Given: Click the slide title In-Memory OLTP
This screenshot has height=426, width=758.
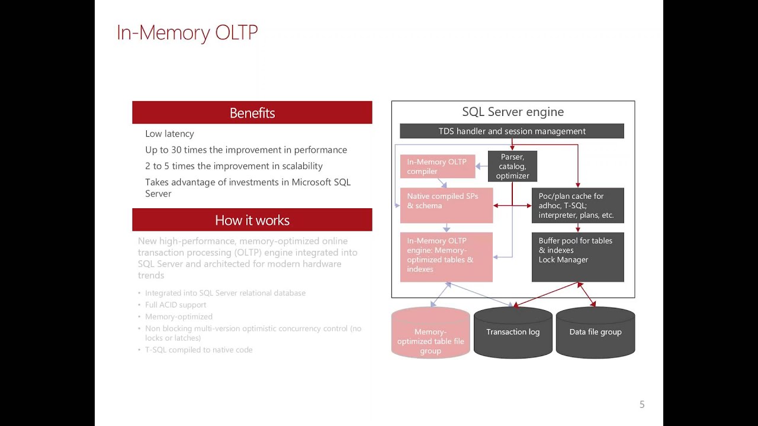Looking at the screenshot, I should (187, 33).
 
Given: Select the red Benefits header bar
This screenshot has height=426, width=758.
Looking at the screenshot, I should (252, 112).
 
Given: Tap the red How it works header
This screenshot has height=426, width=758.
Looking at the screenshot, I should (252, 220).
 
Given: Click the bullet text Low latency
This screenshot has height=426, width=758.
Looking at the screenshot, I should (169, 134).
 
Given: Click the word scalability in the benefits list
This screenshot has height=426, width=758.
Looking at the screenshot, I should (300, 166).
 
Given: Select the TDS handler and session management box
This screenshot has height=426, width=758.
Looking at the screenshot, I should (512, 131).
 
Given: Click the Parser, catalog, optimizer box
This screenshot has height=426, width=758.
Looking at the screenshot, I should (512, 166).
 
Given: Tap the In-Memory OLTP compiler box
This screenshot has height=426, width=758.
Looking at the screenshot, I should (437, 166).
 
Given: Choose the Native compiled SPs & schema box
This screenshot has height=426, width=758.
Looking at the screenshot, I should (446, 205).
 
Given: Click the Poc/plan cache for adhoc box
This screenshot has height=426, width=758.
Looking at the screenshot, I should (577, 205).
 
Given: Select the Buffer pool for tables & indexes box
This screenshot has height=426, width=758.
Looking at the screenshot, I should (577, 256).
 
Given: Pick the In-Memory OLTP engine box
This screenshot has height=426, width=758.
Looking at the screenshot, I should (446, 256).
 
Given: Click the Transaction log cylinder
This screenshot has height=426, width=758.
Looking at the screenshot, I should (513, 333).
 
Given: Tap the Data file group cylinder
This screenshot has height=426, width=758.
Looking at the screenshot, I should (595, 333).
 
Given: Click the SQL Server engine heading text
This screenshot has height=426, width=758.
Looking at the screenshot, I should (513, 112).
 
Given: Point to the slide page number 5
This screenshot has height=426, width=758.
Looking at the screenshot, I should (642, 405).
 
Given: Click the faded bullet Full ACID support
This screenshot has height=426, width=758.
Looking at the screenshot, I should (175, 305).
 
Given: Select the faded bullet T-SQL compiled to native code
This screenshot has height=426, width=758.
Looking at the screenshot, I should (198, 350).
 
